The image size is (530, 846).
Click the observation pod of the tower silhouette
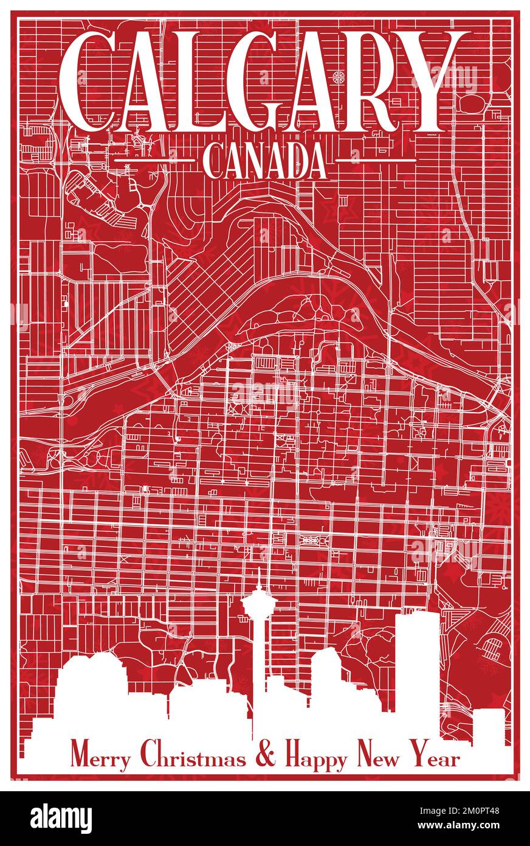(258, 602)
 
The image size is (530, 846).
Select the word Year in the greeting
(435, 758)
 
